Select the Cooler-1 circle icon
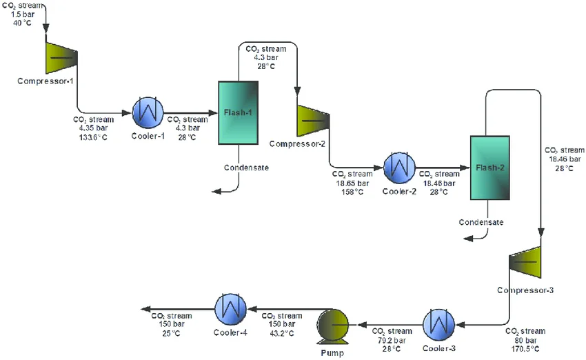point(148,112)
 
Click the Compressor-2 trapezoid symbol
point(312,120)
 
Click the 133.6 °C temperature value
point(91,136)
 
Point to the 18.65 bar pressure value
point(345,183)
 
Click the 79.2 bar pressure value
point(391,340)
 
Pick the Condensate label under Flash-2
point(482,222)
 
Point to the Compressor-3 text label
point(525,290)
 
